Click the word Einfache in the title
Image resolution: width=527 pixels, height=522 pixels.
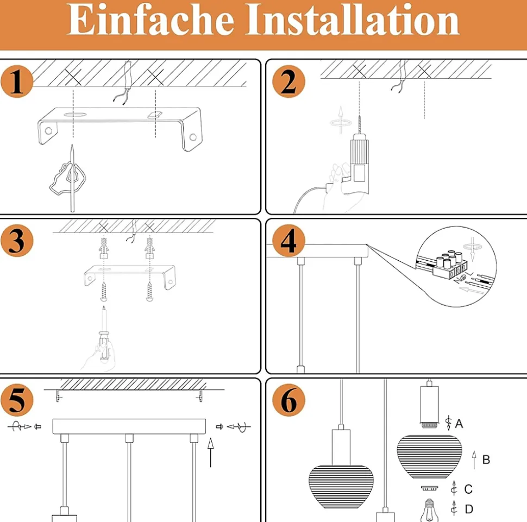150,20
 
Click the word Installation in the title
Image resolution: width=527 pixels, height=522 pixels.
352,20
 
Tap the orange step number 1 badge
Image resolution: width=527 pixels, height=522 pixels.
17,81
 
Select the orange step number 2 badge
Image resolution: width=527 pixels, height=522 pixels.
288,81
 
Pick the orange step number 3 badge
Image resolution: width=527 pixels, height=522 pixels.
17,241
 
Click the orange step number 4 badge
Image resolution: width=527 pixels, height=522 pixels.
288,241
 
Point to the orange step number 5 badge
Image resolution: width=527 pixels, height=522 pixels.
17,400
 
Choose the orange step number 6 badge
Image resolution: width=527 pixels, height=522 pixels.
288,400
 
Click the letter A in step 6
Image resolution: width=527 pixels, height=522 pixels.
459,424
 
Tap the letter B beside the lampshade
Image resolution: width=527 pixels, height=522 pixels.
486,460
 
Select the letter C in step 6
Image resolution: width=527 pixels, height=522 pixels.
468,489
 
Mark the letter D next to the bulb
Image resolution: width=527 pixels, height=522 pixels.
469,509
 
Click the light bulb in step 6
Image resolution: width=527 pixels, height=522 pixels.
429,511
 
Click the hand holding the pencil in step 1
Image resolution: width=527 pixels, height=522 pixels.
67,179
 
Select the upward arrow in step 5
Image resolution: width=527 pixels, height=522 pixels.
211,452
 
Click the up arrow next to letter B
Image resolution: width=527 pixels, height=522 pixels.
474,460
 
